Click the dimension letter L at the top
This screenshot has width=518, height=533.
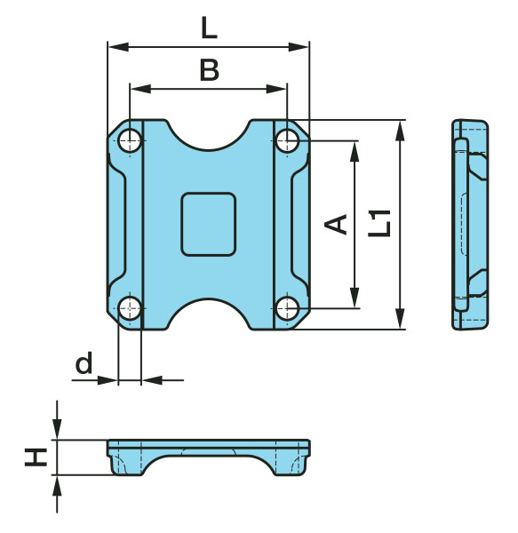coord(209,28)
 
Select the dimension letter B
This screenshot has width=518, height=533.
coord(209,70)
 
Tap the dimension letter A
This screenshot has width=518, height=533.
coord(336,225)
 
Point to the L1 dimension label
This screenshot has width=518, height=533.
coord(379,223)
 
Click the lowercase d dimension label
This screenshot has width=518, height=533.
coord(84,363)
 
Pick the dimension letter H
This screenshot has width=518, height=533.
coord(36,457)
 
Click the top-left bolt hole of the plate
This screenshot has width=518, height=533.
coord(130,140)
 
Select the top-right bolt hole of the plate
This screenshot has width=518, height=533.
coord(287,140)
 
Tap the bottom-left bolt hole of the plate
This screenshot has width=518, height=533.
coord(130,308)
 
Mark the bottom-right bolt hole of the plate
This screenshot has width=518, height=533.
coord(287,308)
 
